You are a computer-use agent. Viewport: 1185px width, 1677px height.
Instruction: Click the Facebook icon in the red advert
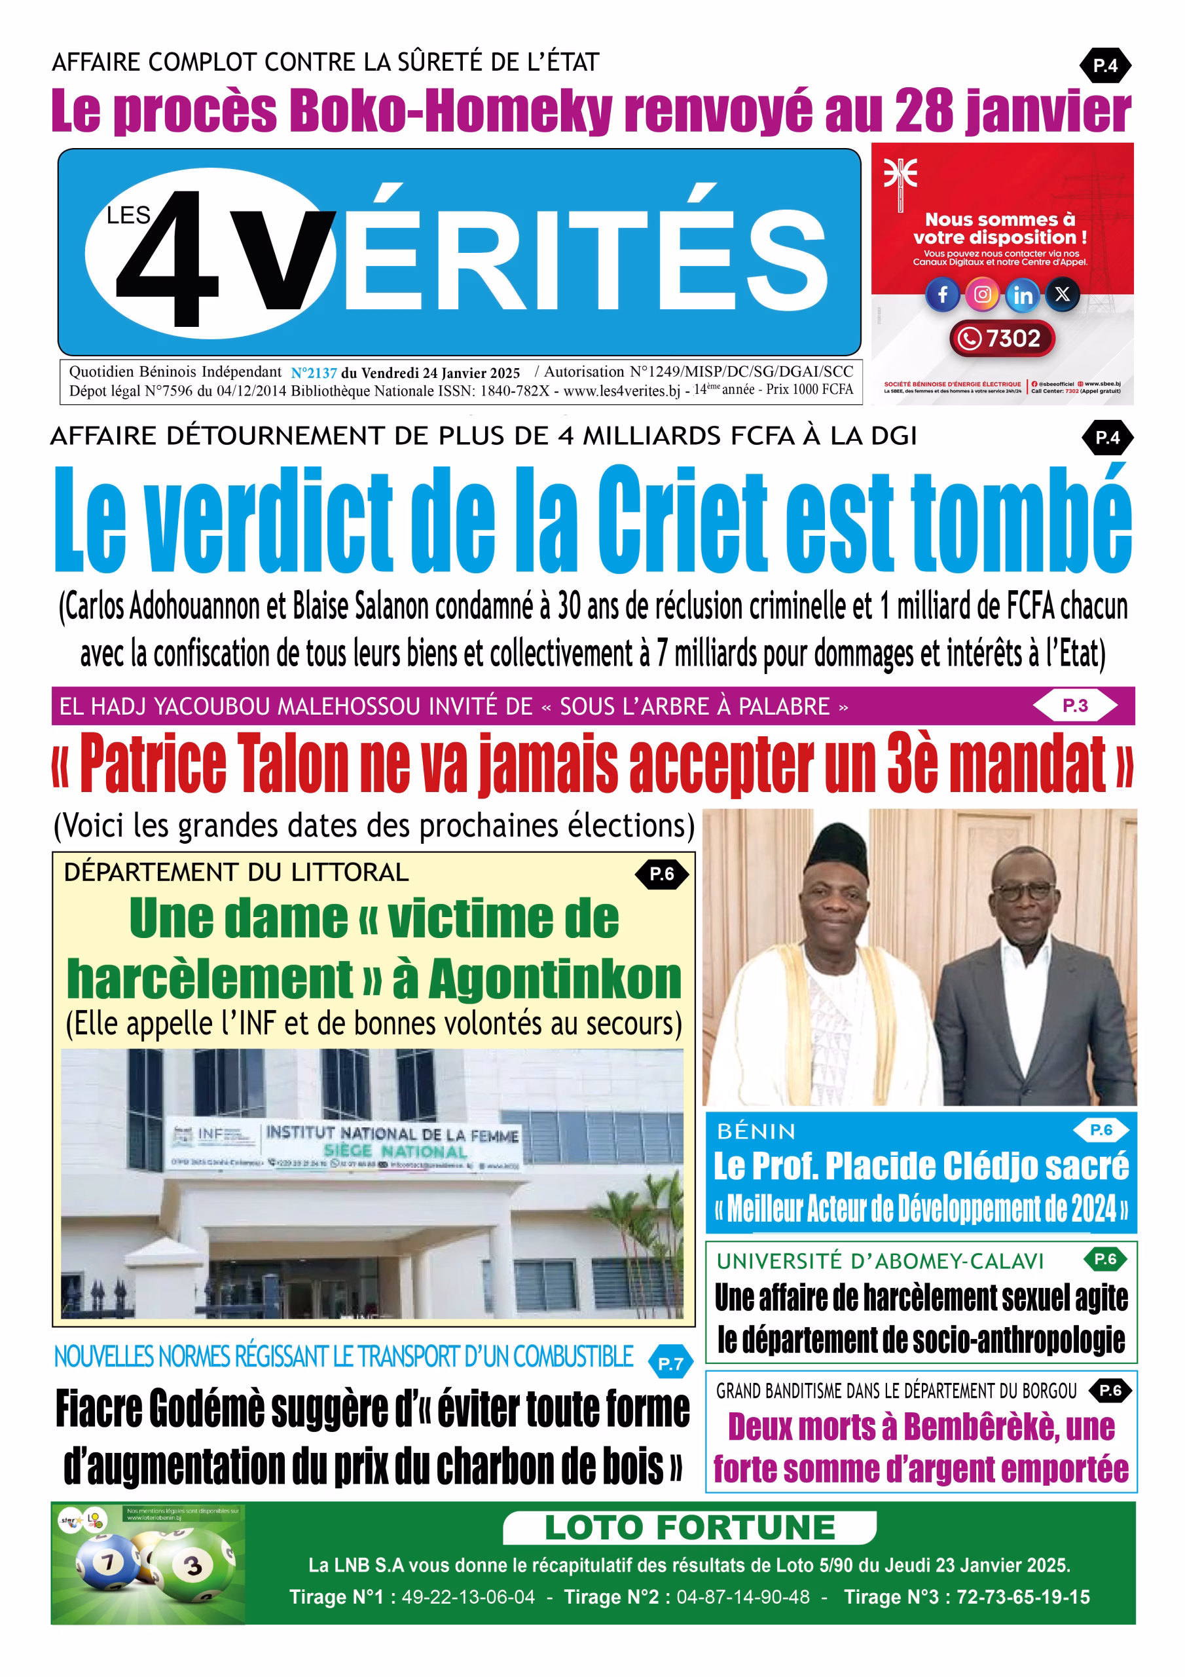coord(943,294)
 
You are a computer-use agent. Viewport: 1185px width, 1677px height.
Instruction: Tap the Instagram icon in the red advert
coord(983,294)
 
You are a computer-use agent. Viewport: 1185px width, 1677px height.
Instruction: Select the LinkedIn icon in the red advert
coord(1023,295)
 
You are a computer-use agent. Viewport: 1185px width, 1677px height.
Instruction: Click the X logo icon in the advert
coord(1063,294)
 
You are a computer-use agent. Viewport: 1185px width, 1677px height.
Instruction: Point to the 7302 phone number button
coord(1002,339)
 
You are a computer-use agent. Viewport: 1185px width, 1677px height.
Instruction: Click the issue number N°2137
coord(314,373)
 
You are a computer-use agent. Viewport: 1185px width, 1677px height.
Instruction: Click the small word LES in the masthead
coord(128,216)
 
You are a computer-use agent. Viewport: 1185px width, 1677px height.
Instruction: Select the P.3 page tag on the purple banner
coord(1075,706)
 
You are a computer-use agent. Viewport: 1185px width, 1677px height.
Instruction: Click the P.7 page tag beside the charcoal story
coord(670,1363)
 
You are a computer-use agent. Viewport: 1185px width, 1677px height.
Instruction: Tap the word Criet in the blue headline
coord(683,520)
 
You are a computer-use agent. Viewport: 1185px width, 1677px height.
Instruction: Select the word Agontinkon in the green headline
coord(555,979)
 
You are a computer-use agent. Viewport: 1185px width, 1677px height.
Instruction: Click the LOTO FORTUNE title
coord(689,1527)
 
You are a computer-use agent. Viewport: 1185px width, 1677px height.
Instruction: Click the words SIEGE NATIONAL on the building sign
coord(395,1152)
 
